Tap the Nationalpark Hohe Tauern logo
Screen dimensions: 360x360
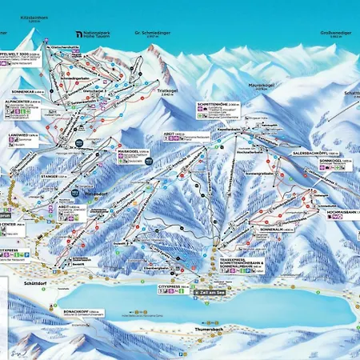[x=94, y=34]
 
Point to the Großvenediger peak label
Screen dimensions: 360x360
[x=334, y=33]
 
